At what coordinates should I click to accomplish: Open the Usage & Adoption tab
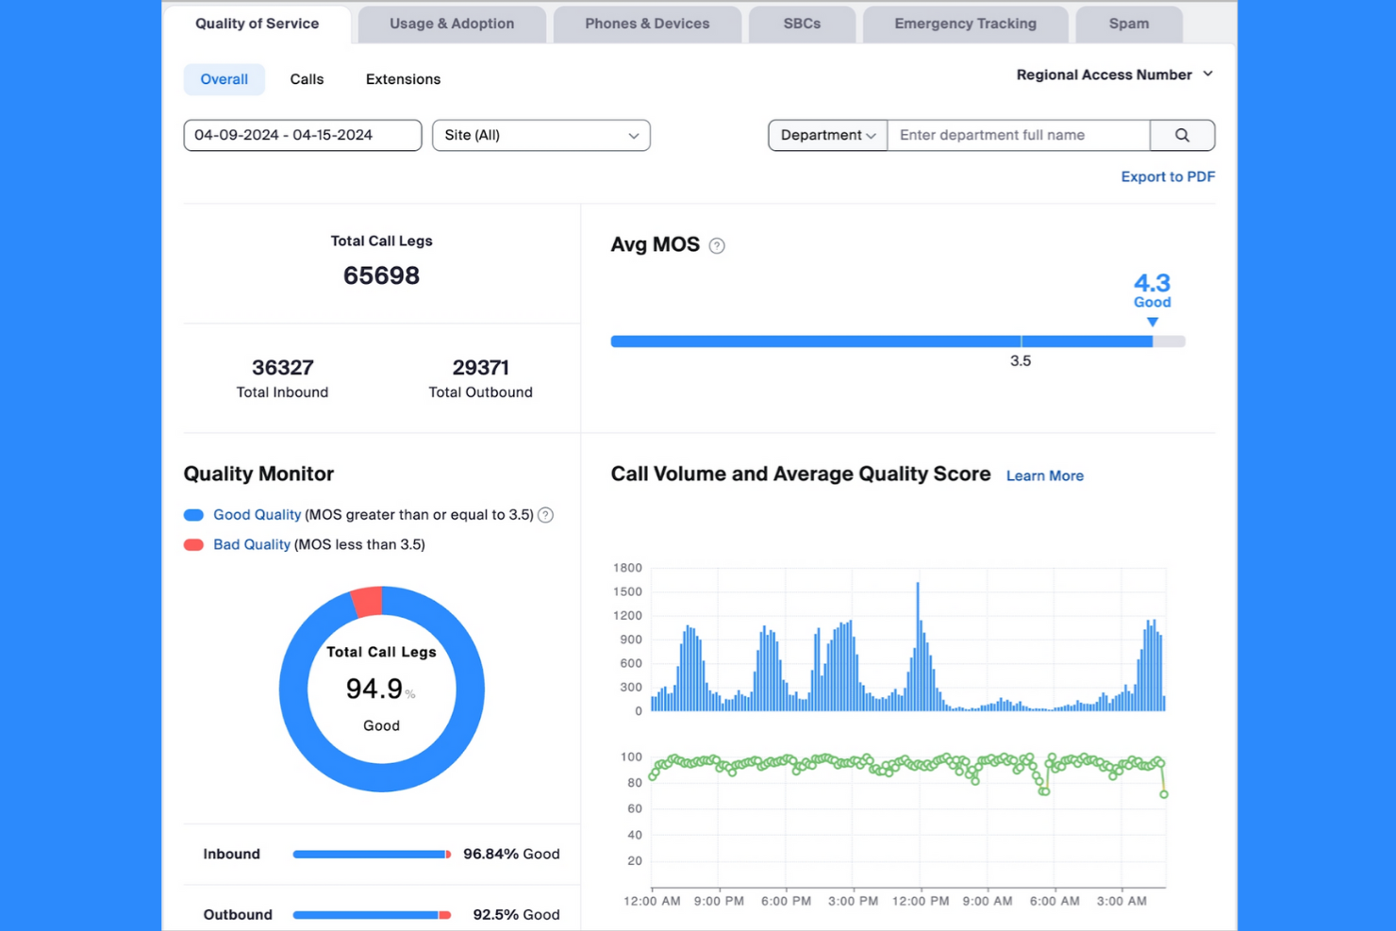[x=452, y=24]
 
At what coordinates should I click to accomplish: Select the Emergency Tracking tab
[x=965, y=24]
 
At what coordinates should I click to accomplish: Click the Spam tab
[x=1128, y=24]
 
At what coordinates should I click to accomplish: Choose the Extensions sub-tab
[x=403, y=79]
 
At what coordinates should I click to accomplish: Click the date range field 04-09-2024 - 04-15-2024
[x=302, y=135]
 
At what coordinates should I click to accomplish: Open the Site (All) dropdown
[x=540, y=135]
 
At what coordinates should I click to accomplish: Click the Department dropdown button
[x=827, y=135]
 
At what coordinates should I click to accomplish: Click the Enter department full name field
[x=1018, y=135]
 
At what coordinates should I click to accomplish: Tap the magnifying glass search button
[x=1182, y=135]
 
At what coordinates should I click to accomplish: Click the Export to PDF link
[x=1167, y=176]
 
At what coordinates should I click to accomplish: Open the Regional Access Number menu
[x=1114, y=75]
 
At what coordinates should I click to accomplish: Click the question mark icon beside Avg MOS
[x=717, y=246]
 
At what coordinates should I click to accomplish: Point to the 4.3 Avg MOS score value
[x=1152, y=283]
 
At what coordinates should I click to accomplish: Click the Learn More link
[x=1044, y=475]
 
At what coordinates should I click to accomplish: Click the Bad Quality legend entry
[x=251, y=544]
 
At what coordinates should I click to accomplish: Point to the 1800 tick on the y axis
[x=627, y=568]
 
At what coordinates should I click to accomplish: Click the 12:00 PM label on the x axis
[x=920, y=901]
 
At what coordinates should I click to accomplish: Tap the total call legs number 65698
[x=381, y=275]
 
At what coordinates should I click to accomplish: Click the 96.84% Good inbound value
[x=511, y=854]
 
